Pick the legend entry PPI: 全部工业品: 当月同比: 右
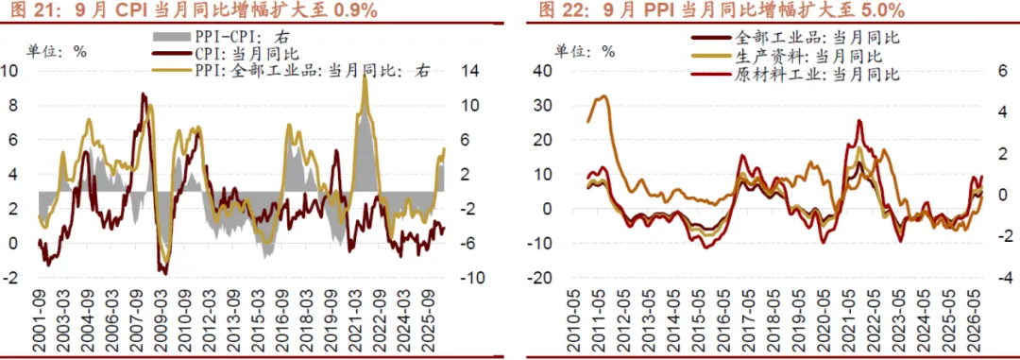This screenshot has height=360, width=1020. tap(291, 71)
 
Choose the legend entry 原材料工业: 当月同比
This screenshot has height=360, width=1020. tap(797, 75)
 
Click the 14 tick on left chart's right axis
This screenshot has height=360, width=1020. tap(471, 71)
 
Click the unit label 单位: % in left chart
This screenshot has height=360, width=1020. tap(56, 51)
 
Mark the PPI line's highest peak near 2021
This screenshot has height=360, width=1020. tap(365, 77)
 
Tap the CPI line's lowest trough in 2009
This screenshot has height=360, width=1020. tap(165, 273)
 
